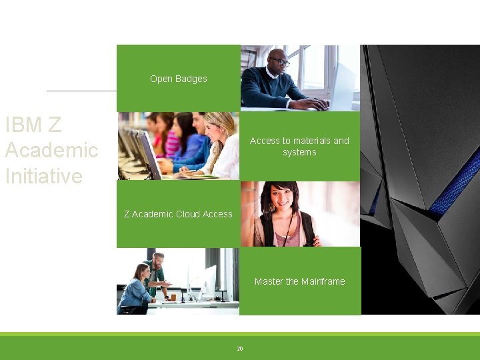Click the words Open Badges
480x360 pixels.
[179, 79]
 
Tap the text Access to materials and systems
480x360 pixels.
[299, 146]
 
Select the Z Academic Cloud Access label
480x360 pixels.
[178, 214]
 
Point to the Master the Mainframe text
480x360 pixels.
[299, 281]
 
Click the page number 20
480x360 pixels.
[240, 349]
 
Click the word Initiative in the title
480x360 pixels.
[44, 176]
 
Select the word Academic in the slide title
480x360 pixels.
[51, 150]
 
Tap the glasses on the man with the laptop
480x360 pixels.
[280, 61]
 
